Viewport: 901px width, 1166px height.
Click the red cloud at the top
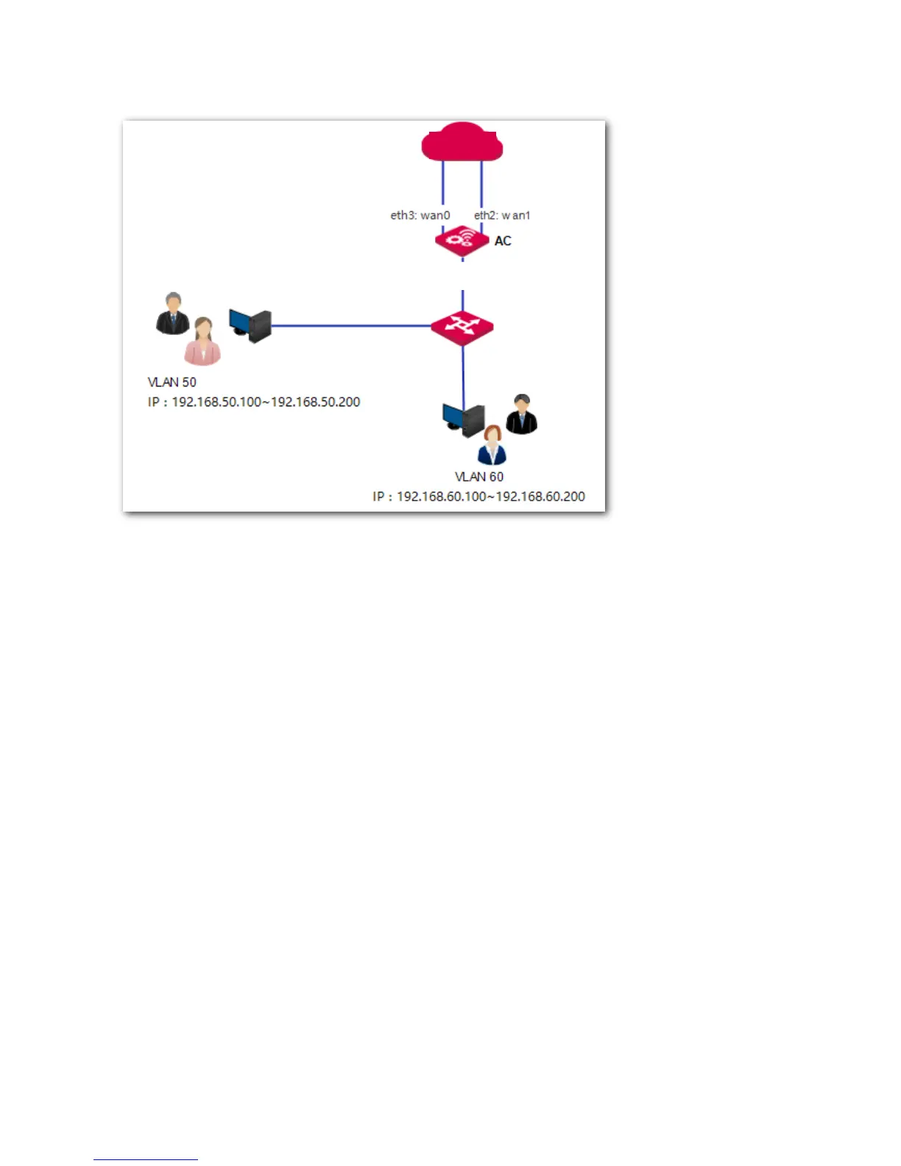click(x=462, y=143)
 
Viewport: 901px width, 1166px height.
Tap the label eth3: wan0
click(x=420, y=216)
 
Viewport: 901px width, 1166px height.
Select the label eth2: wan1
click(x=502, y=216)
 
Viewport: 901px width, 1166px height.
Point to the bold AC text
click(x=503, y=241)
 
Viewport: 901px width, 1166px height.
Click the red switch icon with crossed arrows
click(x=462, y=326)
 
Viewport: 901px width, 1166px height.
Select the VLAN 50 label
click(x=172, y=382)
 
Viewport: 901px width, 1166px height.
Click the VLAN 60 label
click(x=479, y=477)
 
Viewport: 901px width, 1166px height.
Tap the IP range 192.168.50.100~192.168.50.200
click(x=254, y=402)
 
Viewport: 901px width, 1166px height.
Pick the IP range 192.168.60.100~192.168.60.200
click(x=478, y=497)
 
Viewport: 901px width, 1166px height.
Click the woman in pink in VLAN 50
click(x=202, y=342)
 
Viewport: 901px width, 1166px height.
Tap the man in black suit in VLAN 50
click(x=173, y=314)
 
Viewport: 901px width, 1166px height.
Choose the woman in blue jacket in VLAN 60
click(x=492, y=445)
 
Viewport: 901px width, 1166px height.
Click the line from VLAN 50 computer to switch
click(x=350, y=325)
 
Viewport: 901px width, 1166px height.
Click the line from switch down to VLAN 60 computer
click(x=463, y=375)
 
